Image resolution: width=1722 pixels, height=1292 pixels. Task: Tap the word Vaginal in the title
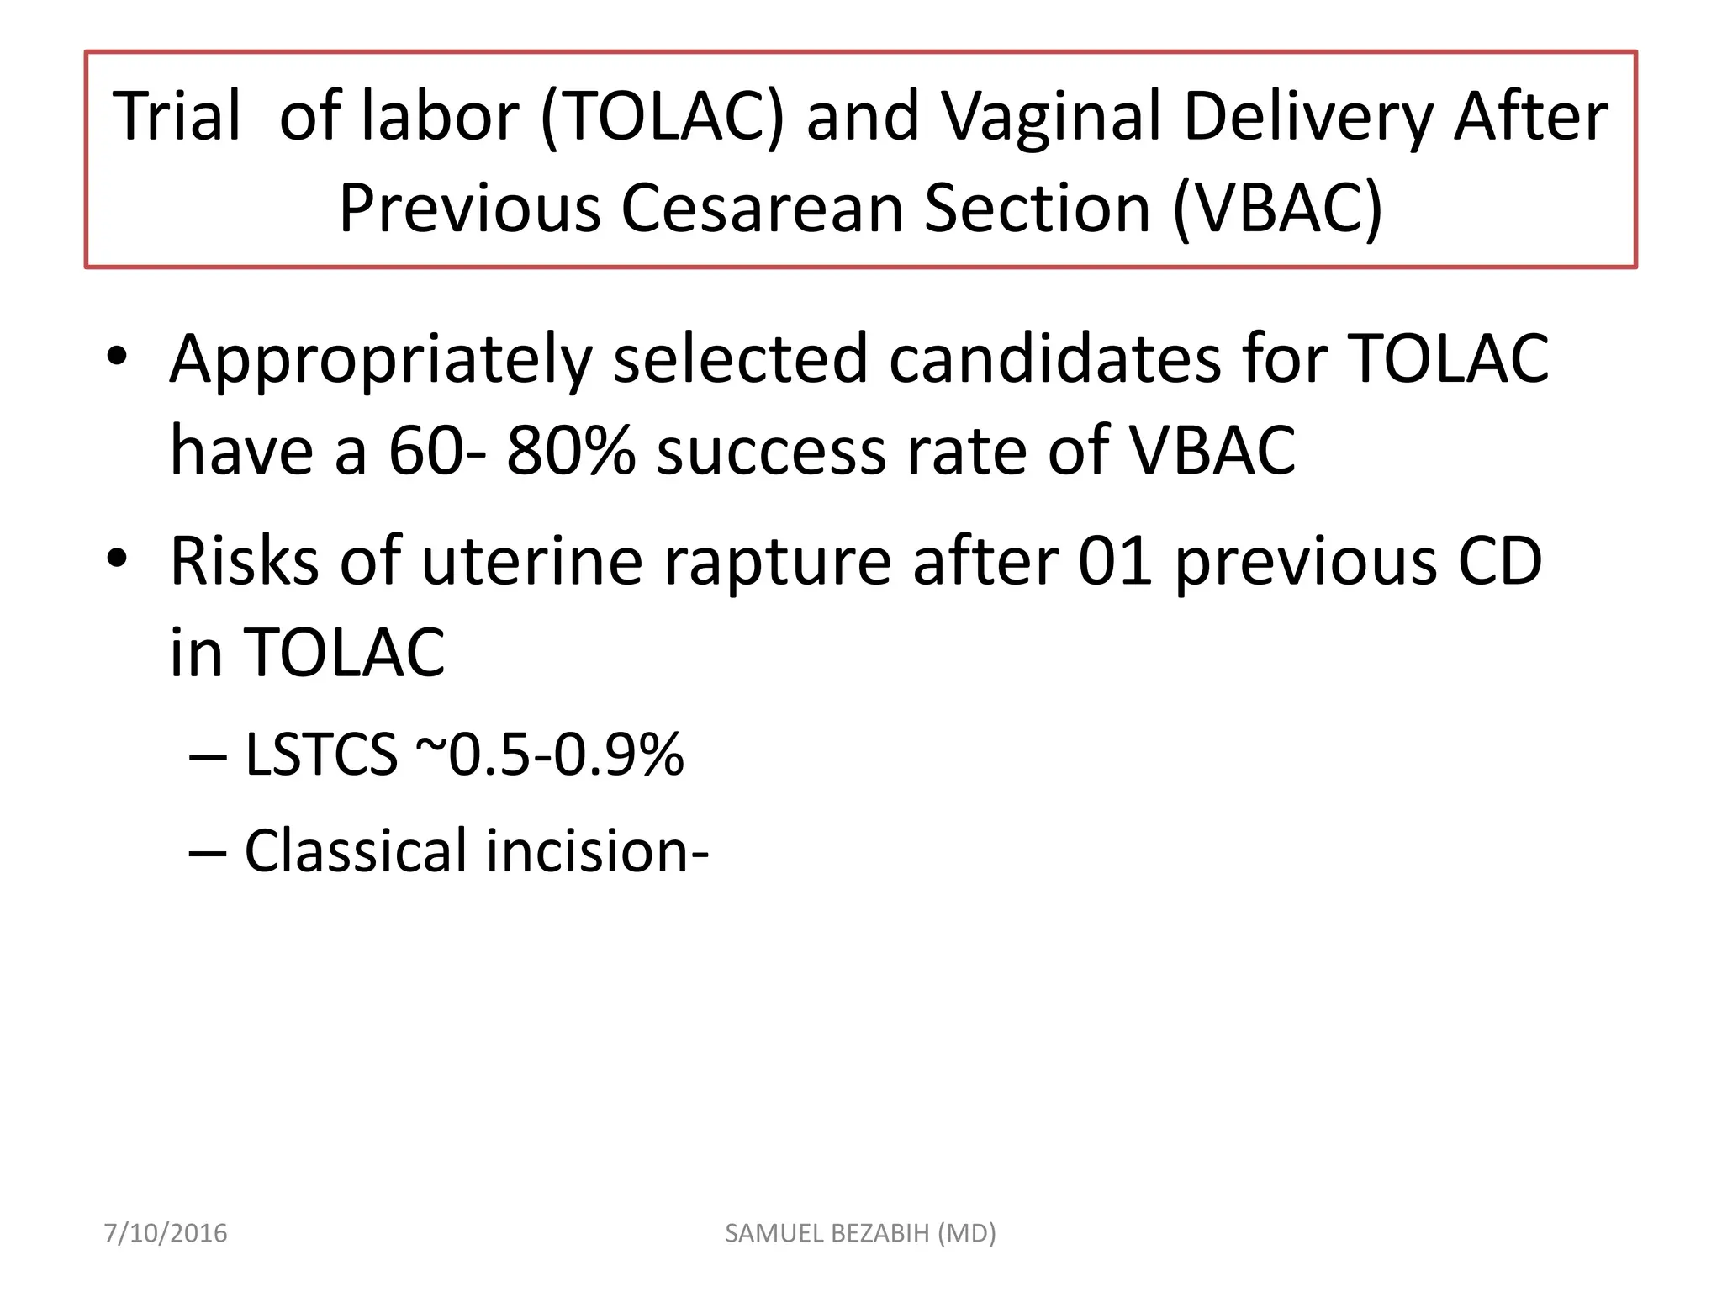pos(1051,118)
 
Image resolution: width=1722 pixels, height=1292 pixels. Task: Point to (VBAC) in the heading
pos(1277,209)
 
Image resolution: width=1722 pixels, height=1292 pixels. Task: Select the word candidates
pos(1056,358)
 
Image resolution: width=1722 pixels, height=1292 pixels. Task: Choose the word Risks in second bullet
pos(244,561)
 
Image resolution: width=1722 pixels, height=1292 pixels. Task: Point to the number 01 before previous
pos(1115,561)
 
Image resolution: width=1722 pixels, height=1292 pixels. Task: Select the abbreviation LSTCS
pos(320,755)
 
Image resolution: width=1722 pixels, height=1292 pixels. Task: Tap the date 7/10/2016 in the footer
pos(166,1233)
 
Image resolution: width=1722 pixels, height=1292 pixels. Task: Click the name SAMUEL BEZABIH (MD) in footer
pos(860,1233)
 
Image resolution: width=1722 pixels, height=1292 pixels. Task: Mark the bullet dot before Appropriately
pos(117,357)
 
